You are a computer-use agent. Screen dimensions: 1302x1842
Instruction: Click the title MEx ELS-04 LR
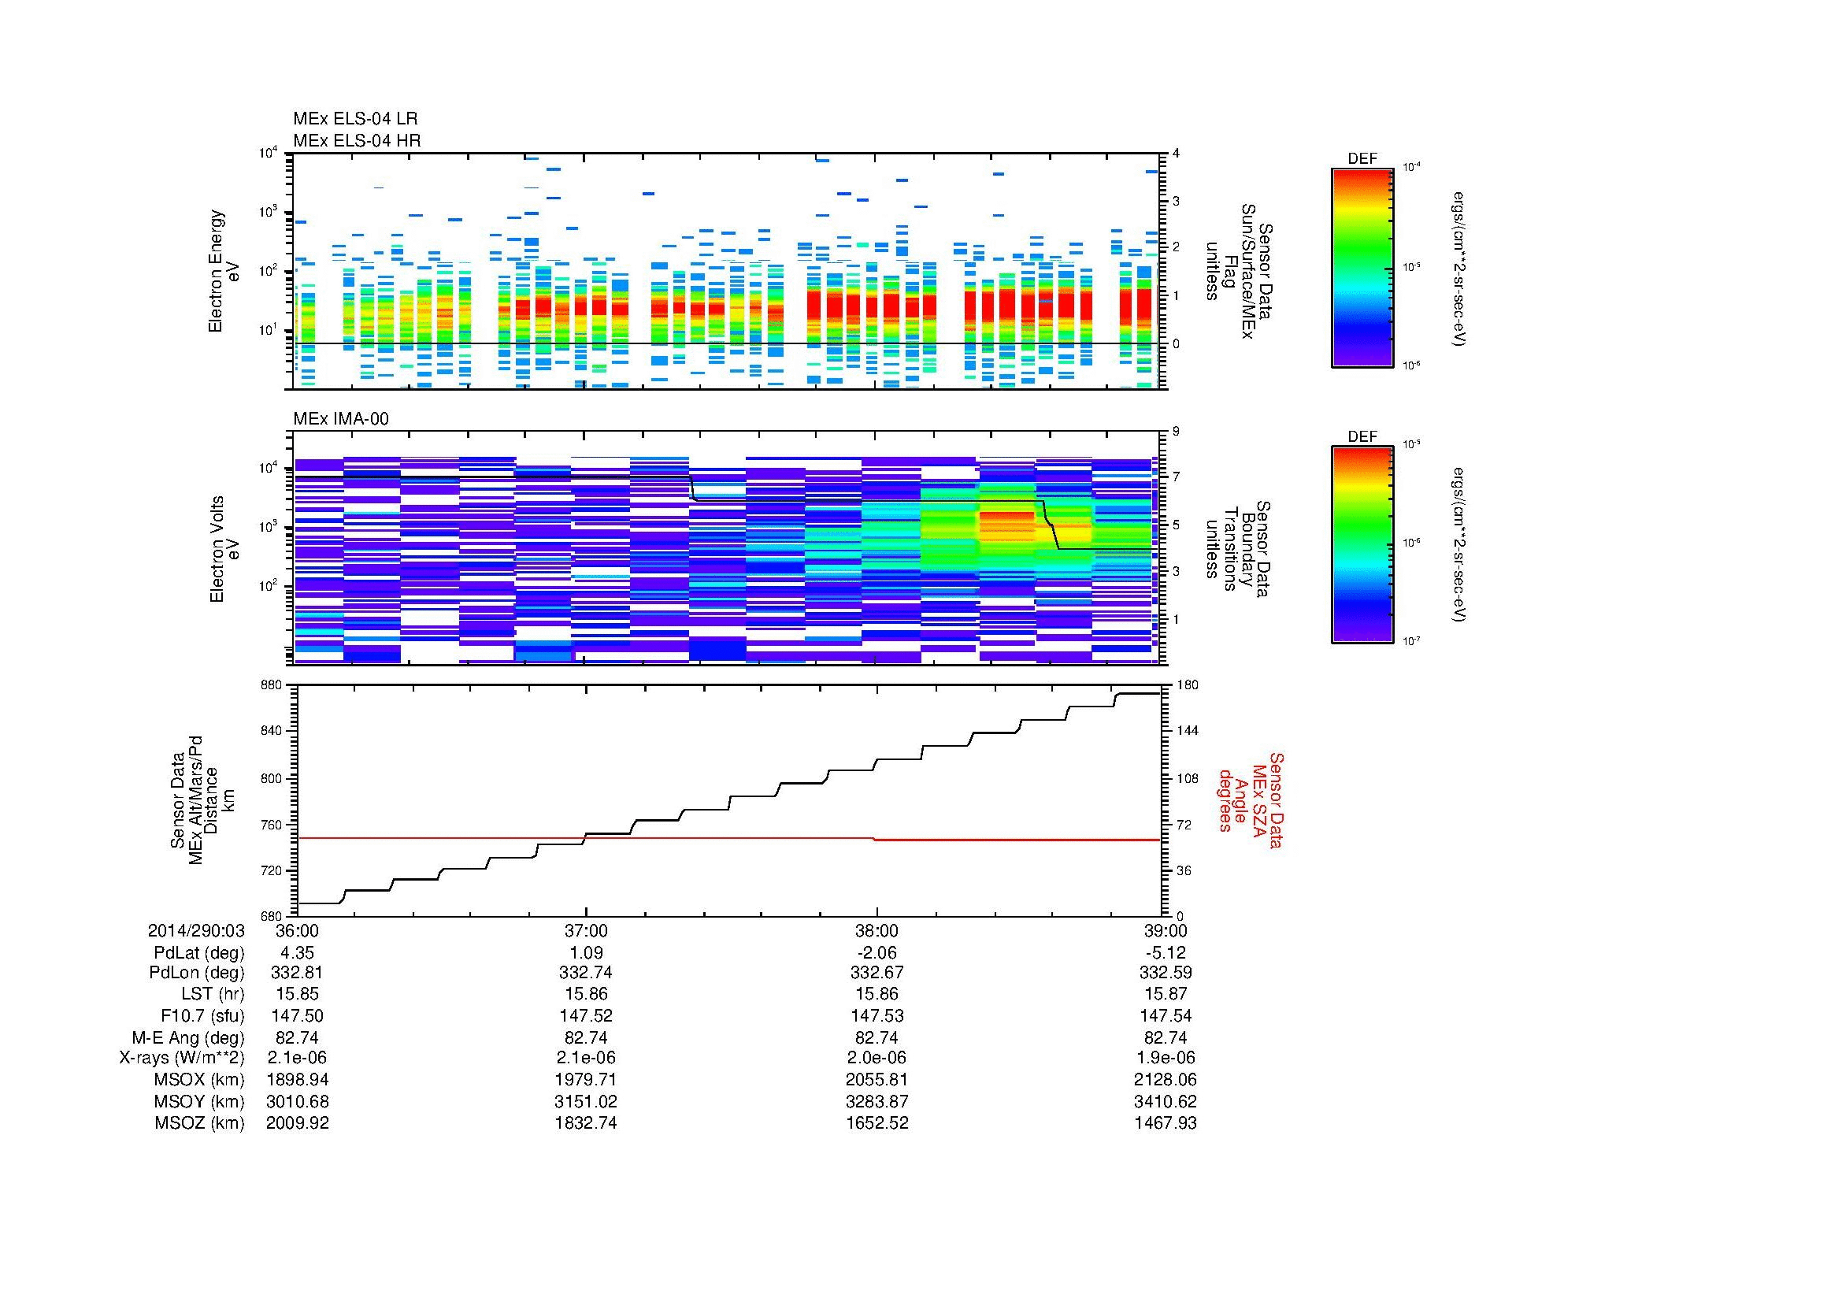(354, 119)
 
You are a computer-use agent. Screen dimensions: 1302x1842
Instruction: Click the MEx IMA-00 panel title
(341, 419)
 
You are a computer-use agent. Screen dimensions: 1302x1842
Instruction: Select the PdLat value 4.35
(297, 953)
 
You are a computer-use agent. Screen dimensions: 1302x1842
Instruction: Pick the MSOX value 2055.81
(877, 1080)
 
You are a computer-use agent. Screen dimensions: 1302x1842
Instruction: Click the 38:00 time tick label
(877, 931)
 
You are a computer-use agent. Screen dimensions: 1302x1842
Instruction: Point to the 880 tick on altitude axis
(270, 685)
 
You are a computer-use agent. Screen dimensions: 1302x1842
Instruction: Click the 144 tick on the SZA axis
(1187, 731)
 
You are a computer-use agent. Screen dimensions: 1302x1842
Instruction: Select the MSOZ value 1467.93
(1165, 1123)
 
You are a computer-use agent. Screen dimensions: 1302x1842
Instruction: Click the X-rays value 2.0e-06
(877, 1058)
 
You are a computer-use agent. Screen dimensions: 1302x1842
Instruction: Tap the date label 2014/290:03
(196, 931)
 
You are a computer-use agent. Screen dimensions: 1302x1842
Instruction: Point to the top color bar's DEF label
(1362, 159)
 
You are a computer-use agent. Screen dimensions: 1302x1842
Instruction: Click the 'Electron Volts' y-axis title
(217, 550)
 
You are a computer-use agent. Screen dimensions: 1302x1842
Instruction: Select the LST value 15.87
(1165, 994)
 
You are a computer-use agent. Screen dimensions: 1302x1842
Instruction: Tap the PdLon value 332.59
(1165, 973)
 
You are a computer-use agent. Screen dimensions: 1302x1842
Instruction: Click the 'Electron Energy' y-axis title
(216, 271)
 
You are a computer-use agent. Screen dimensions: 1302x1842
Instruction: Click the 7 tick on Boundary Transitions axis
(1177, 477)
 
